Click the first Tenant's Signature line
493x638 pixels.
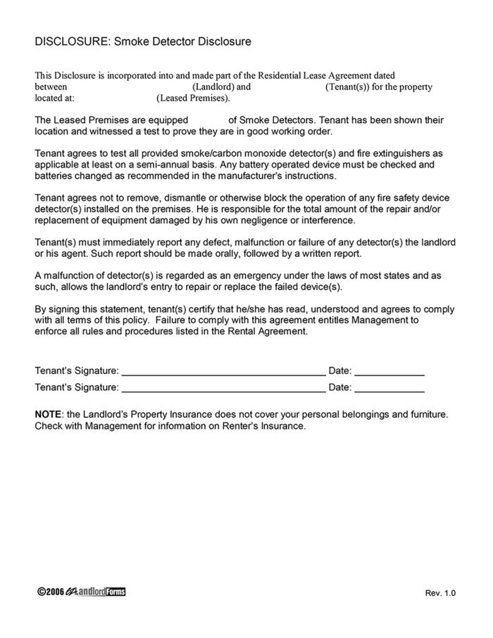tap(223, 371)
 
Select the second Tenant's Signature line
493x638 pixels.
tap(223, 387)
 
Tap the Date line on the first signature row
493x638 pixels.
tap(389, 371)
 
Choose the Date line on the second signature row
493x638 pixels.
tap(389, 387)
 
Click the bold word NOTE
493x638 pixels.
tap(48, 415)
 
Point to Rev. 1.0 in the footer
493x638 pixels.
tap(440, 594)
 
